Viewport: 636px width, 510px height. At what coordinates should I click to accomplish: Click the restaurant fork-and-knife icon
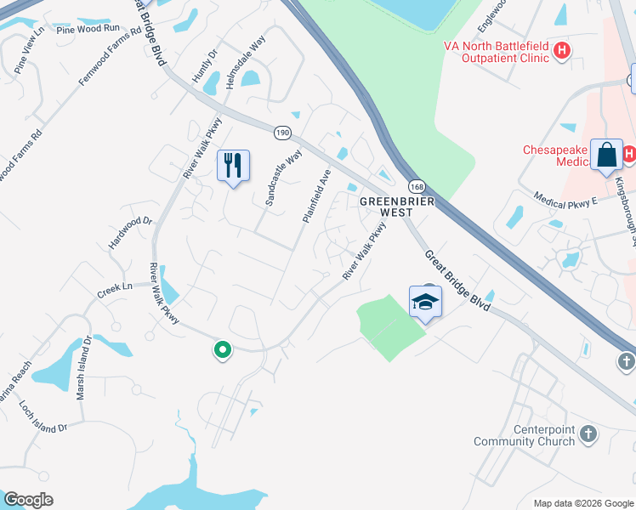(233, 164)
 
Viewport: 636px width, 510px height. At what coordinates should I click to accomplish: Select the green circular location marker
(222, 349)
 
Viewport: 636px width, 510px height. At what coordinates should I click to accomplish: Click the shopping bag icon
(606, 155)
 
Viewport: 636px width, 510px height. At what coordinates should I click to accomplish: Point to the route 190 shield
(282, 133)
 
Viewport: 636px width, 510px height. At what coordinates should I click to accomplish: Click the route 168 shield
(416, 186)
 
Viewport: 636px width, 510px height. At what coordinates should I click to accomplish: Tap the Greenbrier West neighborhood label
(397, 207)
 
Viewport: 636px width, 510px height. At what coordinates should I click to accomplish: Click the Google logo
(28, 500)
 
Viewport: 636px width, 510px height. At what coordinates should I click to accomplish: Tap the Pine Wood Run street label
(88, 28)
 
